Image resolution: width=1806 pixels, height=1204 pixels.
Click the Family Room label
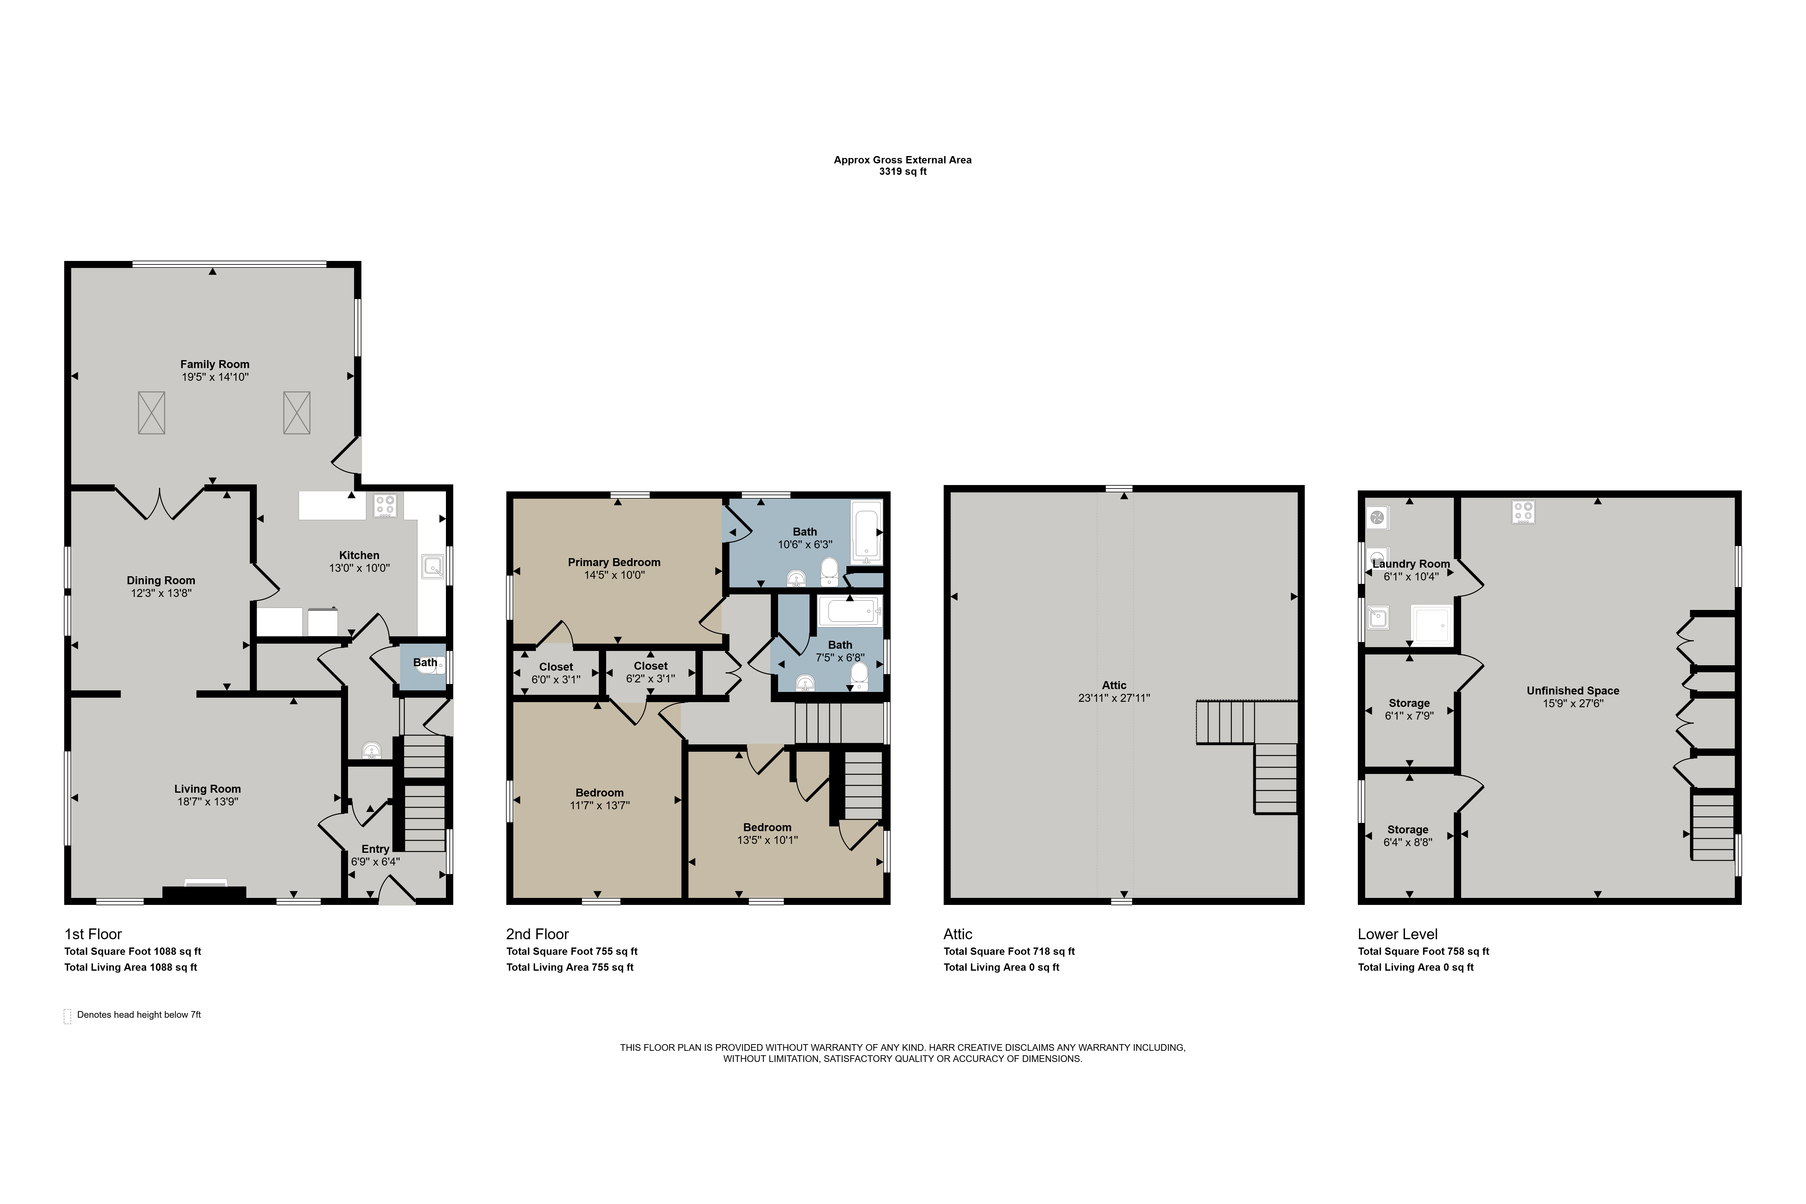tap(215, 364)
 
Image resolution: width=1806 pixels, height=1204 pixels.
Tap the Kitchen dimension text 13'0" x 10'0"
tap(359, 568)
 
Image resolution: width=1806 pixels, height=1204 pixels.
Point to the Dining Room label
tap(161, 580)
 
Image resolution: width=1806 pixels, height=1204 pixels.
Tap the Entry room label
tap(375, 848)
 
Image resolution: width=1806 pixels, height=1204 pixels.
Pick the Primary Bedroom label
tap(614, 562)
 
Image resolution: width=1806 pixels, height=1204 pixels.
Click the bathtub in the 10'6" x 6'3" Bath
tap(867, 530)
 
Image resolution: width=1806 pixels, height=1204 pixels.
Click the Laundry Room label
tap(1411, 564)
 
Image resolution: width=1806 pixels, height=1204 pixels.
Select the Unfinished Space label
tap(1573, 690)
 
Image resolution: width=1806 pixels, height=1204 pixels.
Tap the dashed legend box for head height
tap(68, 1016)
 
